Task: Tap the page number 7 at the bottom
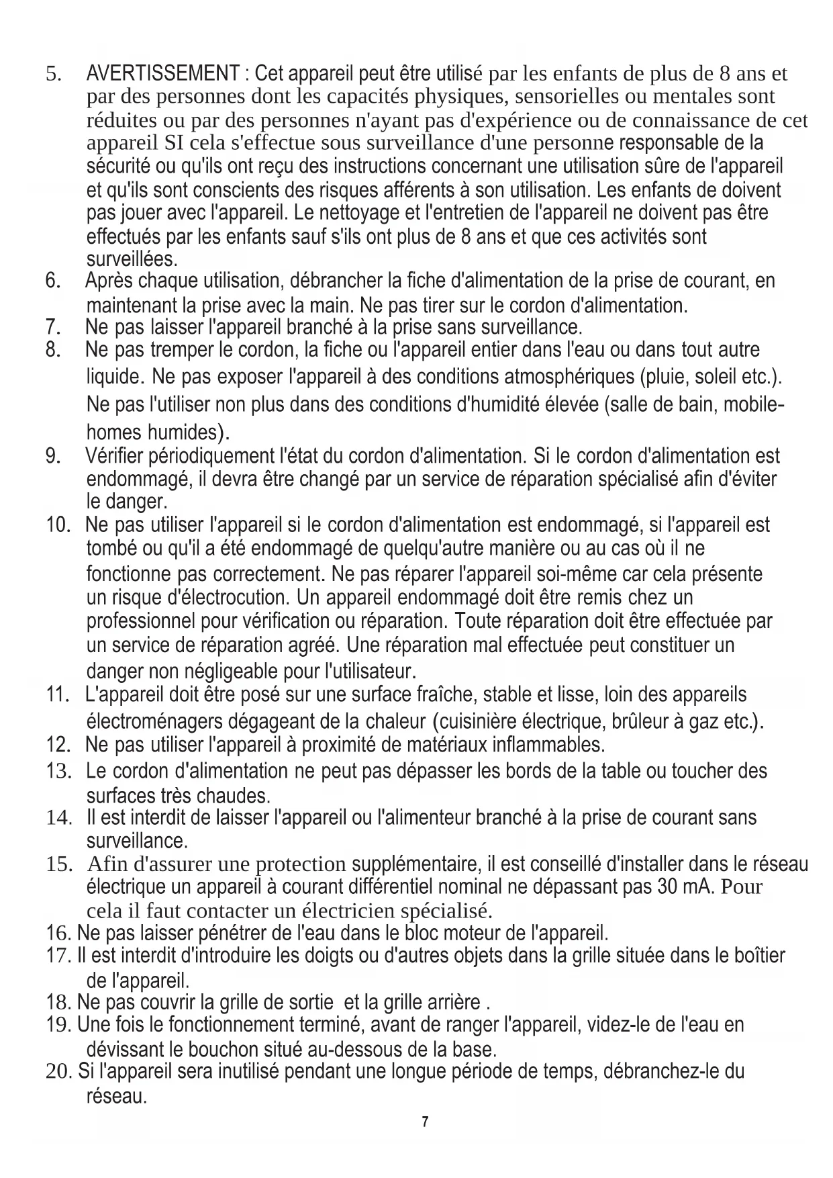(x=424, y=1122)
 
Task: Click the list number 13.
(x=59, y=770)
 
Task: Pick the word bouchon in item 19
(x=227, y=1049)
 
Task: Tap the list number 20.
(x=58, y=1071)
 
